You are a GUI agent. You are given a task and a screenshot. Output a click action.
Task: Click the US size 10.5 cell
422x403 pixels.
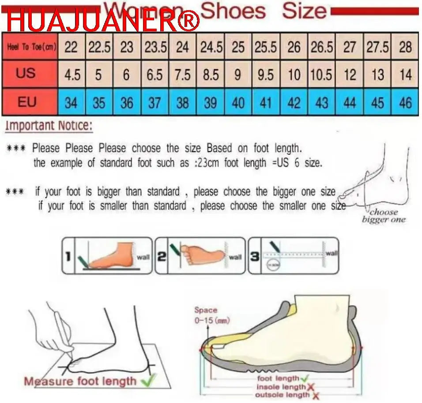click(321, 75)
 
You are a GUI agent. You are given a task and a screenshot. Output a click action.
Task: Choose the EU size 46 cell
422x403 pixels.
click(405, 103)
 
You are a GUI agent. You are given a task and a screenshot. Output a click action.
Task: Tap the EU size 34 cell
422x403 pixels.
click(71, 103)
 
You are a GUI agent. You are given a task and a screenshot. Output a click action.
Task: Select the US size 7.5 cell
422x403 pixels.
click(182, 75)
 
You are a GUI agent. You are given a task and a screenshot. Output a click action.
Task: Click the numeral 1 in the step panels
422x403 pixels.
click(68, 256)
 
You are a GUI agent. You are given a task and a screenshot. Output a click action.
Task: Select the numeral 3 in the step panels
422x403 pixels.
click(255, 256)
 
